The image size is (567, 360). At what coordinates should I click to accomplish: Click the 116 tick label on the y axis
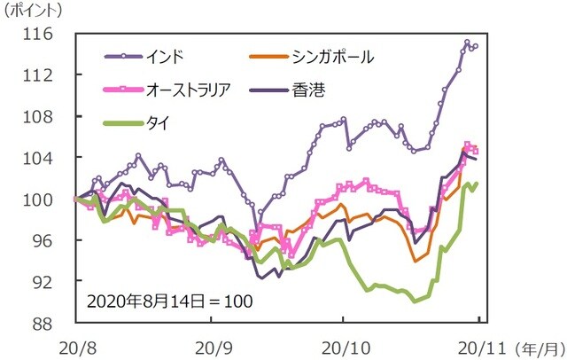[39, 35]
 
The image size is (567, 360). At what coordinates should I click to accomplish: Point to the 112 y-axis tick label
[39, 75]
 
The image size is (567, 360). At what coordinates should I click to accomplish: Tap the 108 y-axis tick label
[39, 116]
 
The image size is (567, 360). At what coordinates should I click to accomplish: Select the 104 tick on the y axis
[39, 158]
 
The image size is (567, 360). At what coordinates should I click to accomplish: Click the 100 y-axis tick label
[39, 199]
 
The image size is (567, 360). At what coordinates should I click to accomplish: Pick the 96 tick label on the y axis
[43, 240]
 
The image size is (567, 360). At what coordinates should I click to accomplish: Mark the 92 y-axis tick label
[43, 281]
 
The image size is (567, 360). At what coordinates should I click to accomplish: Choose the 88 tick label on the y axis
[43, 323]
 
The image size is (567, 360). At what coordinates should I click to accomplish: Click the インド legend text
[166, 58]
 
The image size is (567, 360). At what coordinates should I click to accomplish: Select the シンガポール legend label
[331, 58]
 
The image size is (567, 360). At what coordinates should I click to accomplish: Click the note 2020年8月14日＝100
[169, 301]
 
